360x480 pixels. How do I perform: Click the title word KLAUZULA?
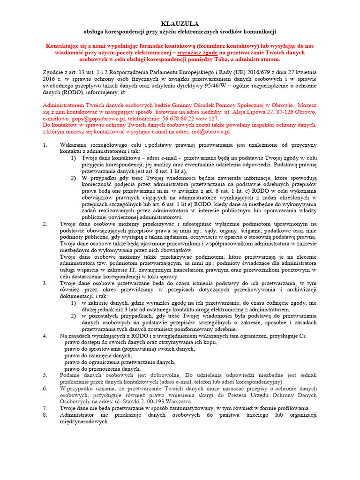pyautogui.click(x=180, y=23)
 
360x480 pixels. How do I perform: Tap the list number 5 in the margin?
pyautogui.click(x=45, y=375)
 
